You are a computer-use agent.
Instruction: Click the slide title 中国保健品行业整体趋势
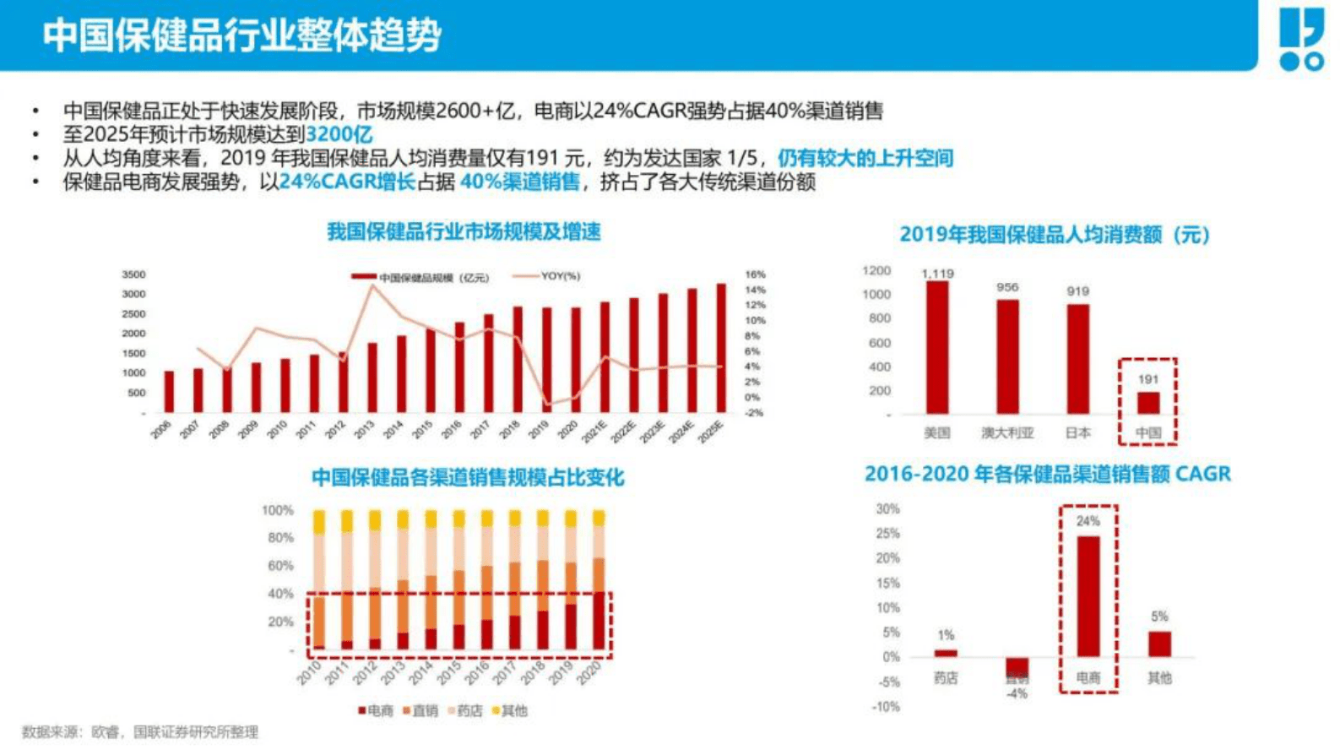(241, 35)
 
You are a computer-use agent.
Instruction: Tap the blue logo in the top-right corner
(1301, 39)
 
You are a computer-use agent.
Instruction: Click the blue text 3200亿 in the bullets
(339, 134)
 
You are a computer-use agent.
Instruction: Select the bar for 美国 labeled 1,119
(937, 346)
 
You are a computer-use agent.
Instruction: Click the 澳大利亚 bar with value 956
(1007, 356)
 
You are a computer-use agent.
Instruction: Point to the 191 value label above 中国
(1148, 379)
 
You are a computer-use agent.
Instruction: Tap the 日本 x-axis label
(1077, 433)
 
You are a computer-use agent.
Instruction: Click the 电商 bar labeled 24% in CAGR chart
(1088, 595)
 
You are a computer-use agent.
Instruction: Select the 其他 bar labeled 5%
(1159, 644)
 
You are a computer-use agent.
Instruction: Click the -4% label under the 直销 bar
(1017, 693)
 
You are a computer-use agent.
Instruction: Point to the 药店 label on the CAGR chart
(946, 678)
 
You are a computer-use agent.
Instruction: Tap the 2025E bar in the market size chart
(721, 347)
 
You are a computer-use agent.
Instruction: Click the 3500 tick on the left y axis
(133, 274)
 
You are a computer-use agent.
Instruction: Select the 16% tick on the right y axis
(755, 274)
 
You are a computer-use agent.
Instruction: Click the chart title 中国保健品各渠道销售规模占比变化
(468, 478)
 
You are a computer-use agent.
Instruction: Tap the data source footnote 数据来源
(140, 732)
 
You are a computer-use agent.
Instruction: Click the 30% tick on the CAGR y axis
(887, 509)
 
